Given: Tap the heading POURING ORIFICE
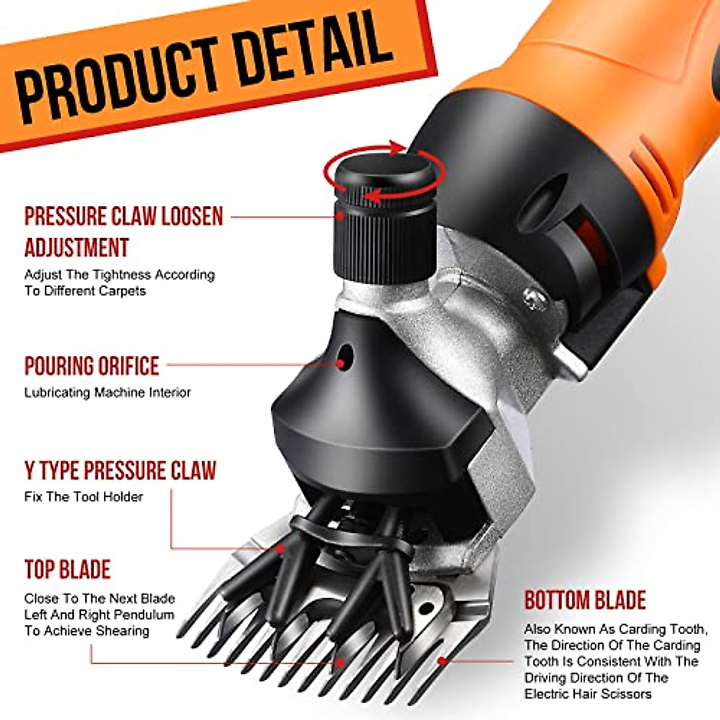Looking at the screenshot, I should (92, 366).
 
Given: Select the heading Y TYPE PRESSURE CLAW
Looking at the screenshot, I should (120, 471).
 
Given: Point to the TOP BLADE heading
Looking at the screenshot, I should (68, 569).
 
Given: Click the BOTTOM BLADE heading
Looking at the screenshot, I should (585, 600).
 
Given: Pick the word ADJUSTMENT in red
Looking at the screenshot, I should (77, 248).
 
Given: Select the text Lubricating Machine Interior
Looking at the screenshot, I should (107, 392).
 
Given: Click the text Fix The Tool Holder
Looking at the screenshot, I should (83, 497).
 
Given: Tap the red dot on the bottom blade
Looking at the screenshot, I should (442, 661).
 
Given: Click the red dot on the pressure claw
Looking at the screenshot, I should (280, 548).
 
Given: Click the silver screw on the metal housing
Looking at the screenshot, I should (532, 297).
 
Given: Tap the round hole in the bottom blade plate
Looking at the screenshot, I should (426, 609).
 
